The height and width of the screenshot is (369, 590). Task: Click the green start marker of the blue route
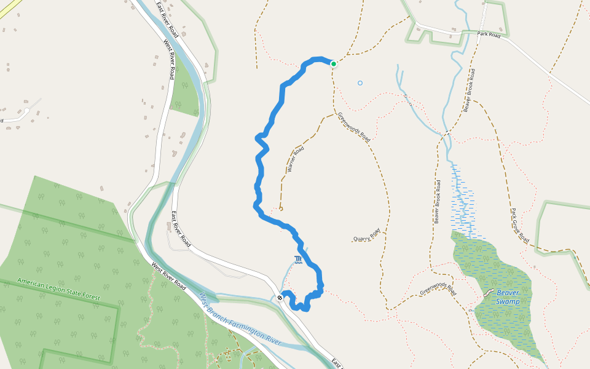(x=334, y=63)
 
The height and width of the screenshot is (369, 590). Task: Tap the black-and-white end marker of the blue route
(x=280, y=298)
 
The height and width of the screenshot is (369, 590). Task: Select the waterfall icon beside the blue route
(x=299, y=260)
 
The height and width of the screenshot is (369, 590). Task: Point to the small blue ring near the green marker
(x=360, y=83)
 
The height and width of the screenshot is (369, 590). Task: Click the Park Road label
(x=489, y=36)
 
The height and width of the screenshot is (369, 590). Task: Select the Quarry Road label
(x=366, y=234)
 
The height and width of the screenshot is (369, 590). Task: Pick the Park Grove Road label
(x=519, y=226)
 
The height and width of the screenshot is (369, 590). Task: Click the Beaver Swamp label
(x=508, y=297)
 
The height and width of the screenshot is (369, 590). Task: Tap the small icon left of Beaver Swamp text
(x=489, y=294)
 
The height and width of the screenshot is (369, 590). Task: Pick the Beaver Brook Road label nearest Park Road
(x=471, y=90)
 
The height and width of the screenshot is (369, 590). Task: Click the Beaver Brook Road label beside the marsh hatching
(x=438, y=201)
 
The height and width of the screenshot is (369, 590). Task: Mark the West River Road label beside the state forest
(x=169, y=276)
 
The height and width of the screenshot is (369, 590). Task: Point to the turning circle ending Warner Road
(x=281, y=209)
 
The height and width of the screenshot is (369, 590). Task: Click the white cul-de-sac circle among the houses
(x=26, y=113)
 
